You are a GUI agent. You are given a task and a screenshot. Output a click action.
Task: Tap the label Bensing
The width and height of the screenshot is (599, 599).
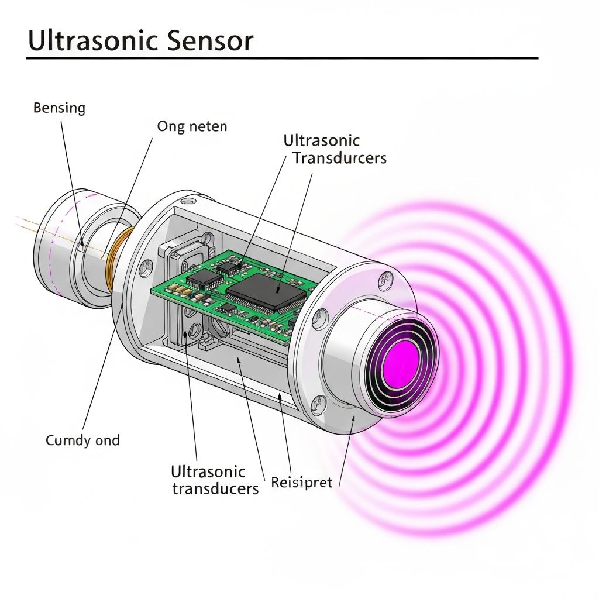point(59,108)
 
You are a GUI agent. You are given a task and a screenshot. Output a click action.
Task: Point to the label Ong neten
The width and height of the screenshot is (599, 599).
point(192,126)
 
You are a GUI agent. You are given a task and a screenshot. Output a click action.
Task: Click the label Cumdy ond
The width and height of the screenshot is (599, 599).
point(82,440)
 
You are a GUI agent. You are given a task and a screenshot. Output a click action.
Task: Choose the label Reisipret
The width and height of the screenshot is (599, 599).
point(301,483)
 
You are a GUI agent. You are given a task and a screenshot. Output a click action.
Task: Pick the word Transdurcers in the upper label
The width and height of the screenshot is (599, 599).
point(339,158)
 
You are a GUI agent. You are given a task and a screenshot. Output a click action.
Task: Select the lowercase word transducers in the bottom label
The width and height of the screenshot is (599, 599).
point(215,488)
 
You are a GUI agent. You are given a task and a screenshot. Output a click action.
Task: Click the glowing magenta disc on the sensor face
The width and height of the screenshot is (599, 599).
point(402,357)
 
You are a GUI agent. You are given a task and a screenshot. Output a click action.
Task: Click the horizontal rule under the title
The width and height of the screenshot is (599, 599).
point(281,58)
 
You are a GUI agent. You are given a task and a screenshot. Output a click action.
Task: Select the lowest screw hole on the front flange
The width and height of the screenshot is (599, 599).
point(319,402)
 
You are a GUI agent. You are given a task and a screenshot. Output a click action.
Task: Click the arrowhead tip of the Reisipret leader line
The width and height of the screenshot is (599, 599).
point(280,396)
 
